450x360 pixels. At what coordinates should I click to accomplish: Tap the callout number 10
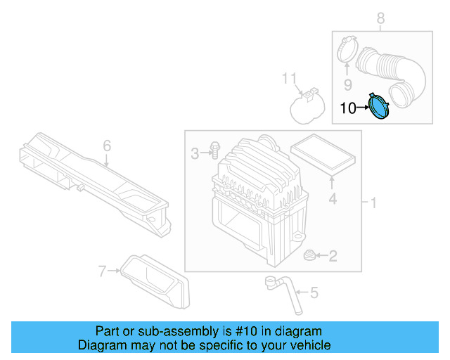(349, 108)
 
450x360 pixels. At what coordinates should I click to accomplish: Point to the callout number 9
(347, 85)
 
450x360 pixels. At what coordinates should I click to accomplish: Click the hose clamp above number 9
(344, 50)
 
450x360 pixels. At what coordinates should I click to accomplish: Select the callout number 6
(107, 146)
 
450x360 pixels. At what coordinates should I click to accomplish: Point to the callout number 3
(195, 152)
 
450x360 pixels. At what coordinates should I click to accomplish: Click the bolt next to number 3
(214, 150)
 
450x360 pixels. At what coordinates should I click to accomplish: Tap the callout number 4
(333, 199)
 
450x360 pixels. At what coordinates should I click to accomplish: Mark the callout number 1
(373, 203)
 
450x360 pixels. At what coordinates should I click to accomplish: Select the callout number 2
(333, 257)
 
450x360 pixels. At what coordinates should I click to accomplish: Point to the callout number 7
(103, 270)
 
